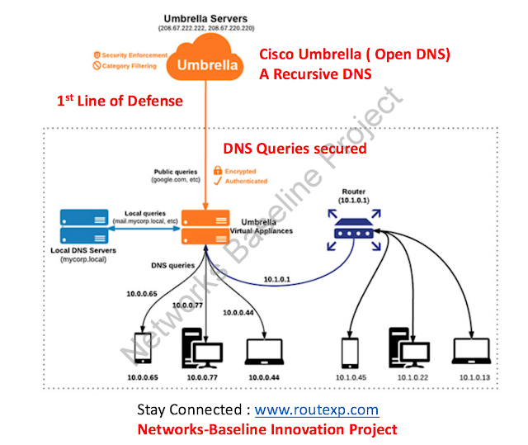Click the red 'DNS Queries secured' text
295,149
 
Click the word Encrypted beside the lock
251,170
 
